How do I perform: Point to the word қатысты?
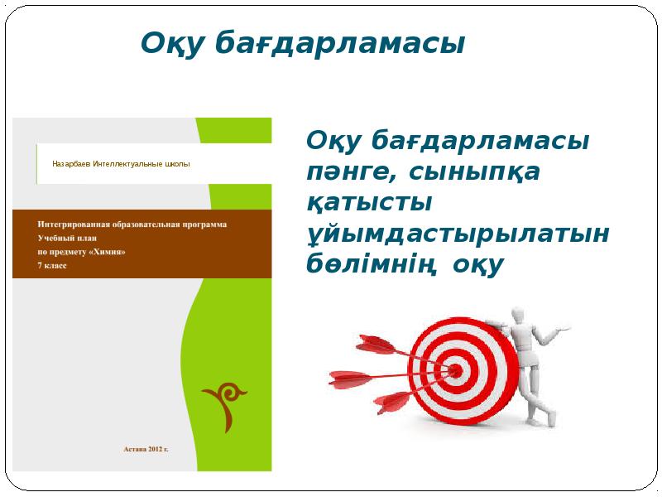pyautogui.click(x=371, y=203)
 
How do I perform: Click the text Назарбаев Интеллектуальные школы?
pyautogui.click(x=121, y=163)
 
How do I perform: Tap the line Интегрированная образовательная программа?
pyautogui.click(x=132, y=224)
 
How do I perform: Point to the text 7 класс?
pyautogui.click(x=51, y=264)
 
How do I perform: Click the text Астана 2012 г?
pyautogui.click(x=145, y=448)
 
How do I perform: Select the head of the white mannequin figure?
pyautogui.click(x=516, y=315)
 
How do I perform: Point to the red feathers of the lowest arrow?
pyautogui.click(x=392, y=403)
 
